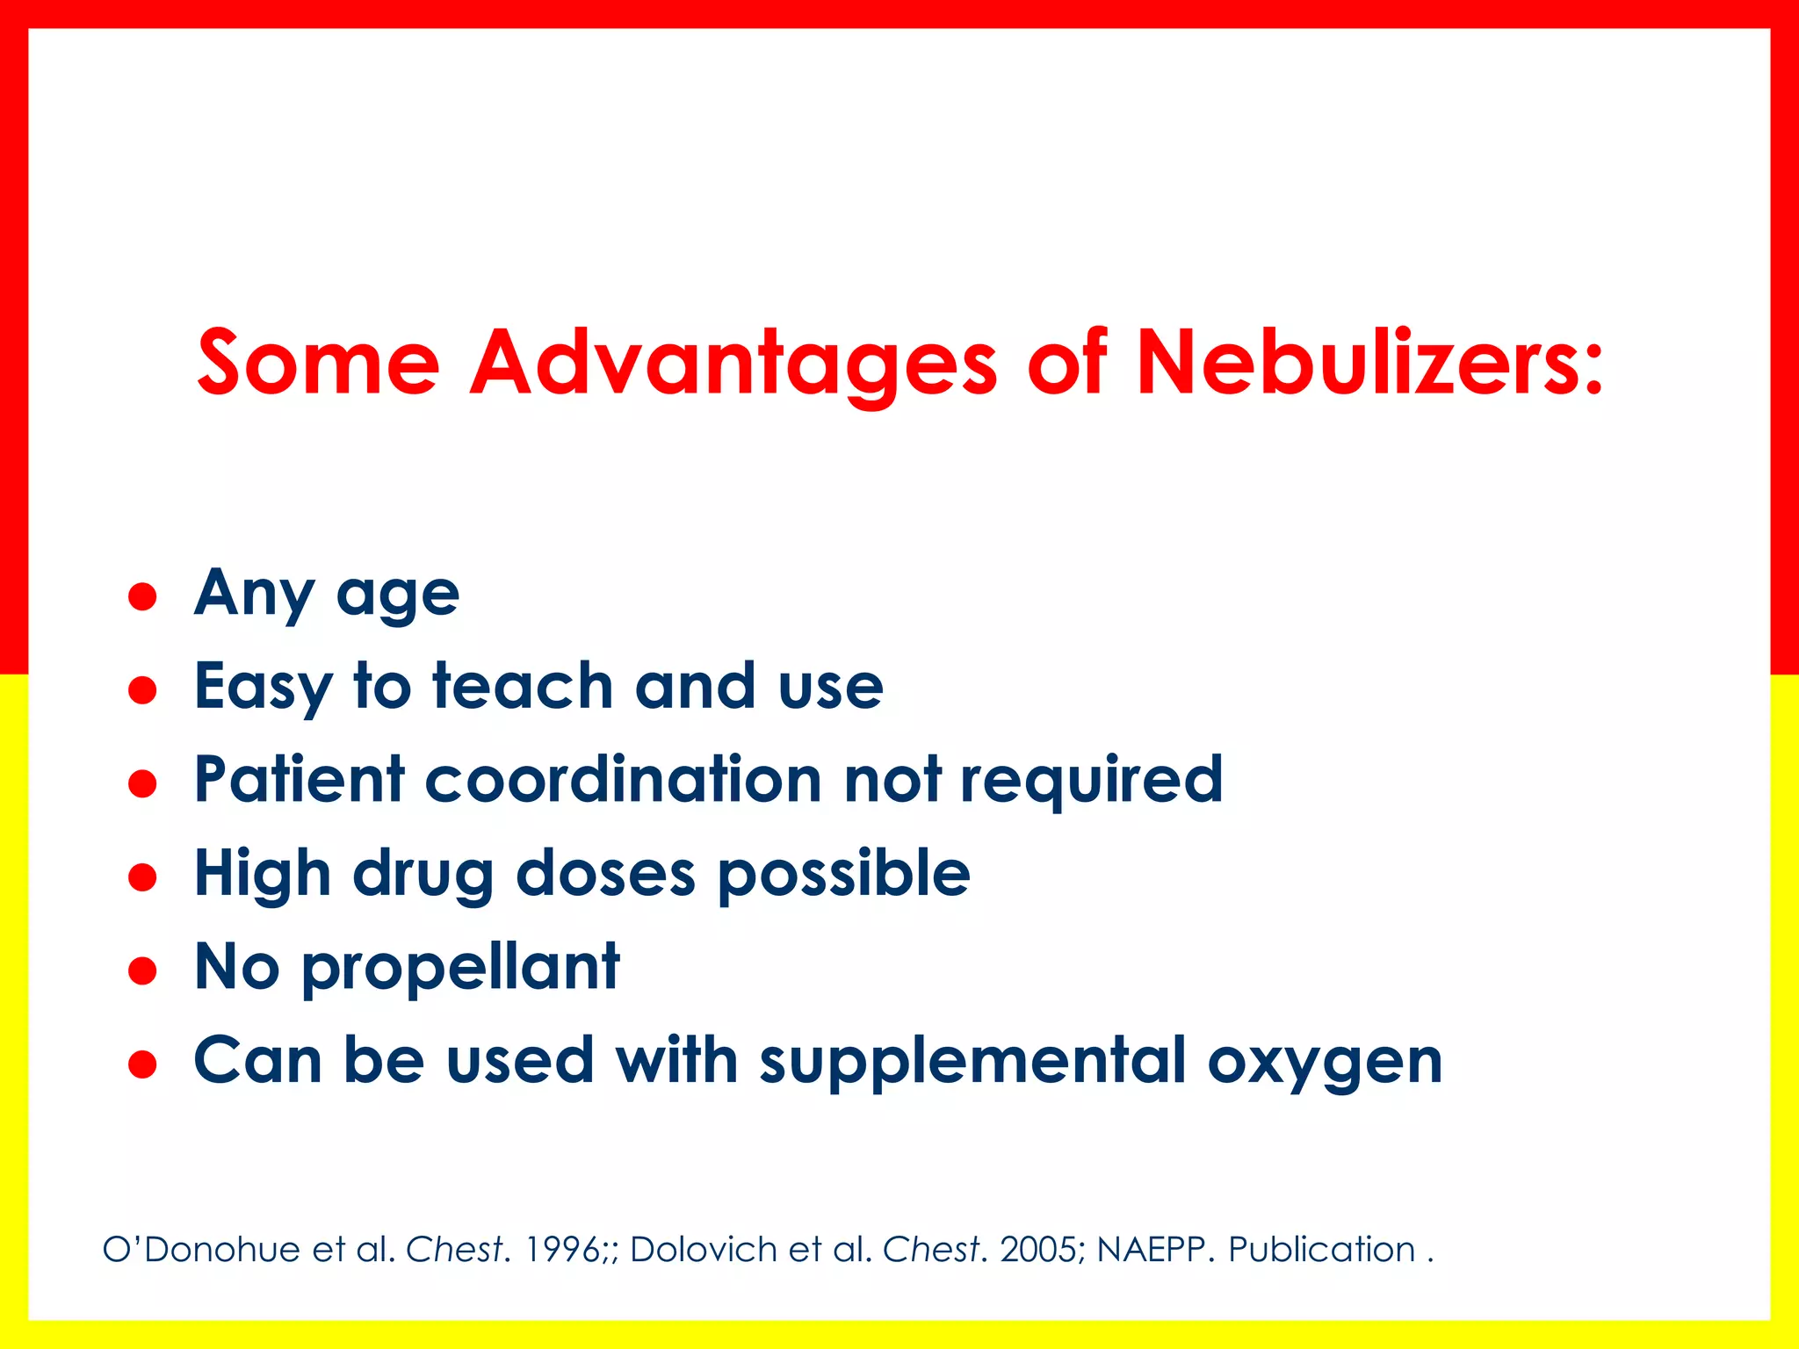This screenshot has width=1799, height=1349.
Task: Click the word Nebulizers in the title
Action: (x=1369, y=362)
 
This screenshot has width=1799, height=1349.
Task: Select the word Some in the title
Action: (x=317, y=362)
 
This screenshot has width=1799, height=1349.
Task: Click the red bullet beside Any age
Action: (x=142, y=597)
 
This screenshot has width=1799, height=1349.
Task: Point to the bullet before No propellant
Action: (x=142, y=970)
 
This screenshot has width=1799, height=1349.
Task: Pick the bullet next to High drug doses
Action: (x=142, y=876)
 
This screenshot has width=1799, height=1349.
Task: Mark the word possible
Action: (x=844, y=876)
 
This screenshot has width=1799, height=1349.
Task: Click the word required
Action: (x=1091, y=781)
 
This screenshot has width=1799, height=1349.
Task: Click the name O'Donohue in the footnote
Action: (x=201, y=1249)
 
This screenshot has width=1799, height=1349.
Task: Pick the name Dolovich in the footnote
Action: (x=703, y=1249)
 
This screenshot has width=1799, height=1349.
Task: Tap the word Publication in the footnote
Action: (x=1321, y=1249)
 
